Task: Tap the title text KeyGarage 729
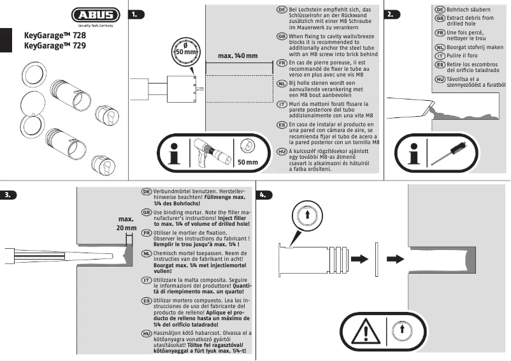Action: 55,46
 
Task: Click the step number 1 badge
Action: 136,13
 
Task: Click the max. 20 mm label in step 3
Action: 127,223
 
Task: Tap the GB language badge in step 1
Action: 282,37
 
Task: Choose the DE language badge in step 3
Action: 146,192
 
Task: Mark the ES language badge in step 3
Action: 146,300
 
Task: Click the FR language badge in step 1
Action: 282,63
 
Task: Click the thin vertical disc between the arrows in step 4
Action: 377,259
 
